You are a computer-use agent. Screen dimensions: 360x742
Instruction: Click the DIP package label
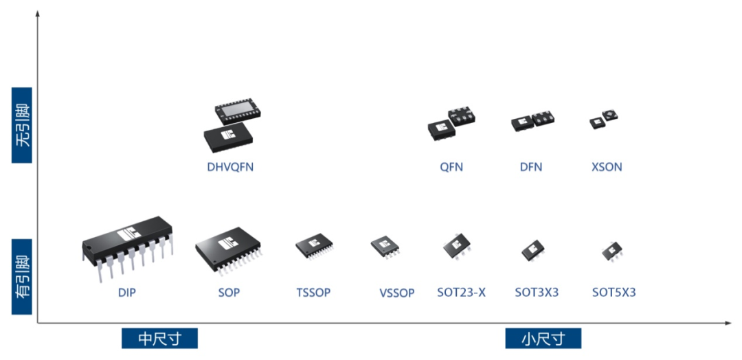click(x=126, y=293)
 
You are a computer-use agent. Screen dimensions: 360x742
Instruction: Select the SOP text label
click(x=229, y=293)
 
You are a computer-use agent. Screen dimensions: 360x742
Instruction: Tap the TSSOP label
click(x=313, y=293)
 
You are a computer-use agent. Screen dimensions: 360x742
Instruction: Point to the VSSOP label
click(x=397, y=293)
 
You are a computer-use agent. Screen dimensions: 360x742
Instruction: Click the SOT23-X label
click(x=461, y=293)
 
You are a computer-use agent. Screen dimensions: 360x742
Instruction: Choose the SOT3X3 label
click(x=537, y=293)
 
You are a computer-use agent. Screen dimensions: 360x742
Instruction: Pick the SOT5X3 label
click(x=614, y=293)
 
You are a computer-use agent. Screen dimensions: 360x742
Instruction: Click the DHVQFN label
click(x=230, y=167)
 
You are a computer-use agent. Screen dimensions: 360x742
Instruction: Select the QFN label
click(x=451, y=167)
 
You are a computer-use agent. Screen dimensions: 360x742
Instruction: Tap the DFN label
click(x=531, y=167)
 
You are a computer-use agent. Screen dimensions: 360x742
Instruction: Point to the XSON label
click(x=607, y=167)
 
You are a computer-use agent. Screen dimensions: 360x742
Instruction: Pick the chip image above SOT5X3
click(x=611, y=251)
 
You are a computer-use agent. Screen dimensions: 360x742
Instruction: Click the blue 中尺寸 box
click(x=159, y=338)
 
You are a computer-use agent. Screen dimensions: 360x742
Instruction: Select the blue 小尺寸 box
click(x=543, y=338)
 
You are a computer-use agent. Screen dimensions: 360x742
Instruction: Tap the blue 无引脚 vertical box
click(x=22, y=125)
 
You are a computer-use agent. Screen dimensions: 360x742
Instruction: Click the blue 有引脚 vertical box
click(x=22, y=276)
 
